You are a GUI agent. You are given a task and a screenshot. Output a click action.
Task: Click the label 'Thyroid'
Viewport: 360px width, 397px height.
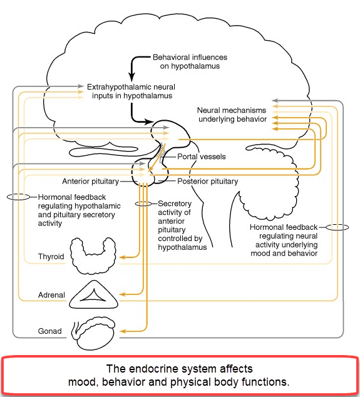coord(51,257)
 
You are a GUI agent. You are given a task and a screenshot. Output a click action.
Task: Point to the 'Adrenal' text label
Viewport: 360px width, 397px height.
coord(51,295)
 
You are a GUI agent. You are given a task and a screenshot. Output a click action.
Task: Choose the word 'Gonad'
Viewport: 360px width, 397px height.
coord(50,331)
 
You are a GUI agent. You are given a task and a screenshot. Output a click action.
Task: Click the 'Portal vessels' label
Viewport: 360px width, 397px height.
coord(202,157)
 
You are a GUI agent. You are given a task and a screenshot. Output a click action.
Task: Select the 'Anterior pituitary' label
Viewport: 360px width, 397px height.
coord(91,182)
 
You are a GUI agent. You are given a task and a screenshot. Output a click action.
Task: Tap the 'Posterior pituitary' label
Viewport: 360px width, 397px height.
coord(208,182)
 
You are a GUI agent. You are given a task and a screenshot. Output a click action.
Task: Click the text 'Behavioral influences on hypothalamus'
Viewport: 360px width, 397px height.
coord(190,61)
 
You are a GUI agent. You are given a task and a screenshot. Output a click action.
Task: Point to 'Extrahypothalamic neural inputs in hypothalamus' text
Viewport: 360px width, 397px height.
coord(131,91)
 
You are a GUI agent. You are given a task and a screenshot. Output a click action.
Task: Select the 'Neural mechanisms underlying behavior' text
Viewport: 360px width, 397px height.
coord(232,115)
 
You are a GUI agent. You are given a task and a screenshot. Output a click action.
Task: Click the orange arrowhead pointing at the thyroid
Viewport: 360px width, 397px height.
coord(122,257)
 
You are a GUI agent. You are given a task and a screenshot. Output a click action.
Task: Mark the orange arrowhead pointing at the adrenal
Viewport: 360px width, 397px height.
coord(122,294)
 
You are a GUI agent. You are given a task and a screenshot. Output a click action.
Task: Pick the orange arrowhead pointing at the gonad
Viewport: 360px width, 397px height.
coord(122,331)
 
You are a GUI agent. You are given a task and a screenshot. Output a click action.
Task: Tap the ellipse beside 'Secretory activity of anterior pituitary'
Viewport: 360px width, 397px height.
coord(143,204)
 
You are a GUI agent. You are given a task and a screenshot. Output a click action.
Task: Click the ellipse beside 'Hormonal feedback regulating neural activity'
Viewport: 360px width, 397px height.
coord(337,227)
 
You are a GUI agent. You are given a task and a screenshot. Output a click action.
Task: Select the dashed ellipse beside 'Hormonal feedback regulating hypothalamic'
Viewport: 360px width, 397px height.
coord(18,197)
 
